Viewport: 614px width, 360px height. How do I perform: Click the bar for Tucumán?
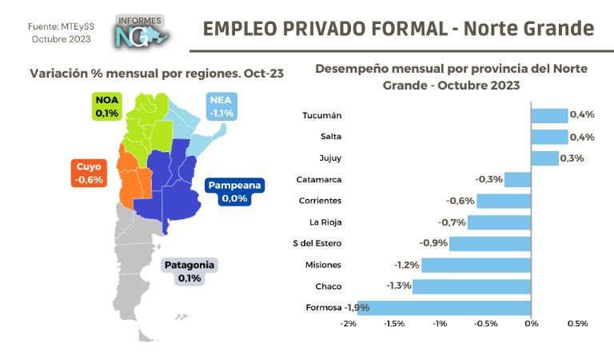pos(549,115)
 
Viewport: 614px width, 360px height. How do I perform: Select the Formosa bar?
pos(444,307)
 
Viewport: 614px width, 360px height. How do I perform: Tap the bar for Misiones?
pos(476,265)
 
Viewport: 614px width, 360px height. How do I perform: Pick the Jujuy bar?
pos(544,158)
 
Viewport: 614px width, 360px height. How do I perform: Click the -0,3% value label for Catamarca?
pos(488,179)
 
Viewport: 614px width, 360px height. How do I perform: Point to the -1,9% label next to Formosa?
pos(357,307)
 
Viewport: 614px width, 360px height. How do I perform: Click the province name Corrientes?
pos(320,201)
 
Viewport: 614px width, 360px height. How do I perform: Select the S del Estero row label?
pos(318,243)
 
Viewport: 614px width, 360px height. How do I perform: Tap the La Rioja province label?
pos(325,222)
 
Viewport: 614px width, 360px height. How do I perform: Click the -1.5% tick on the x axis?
pos(393,324)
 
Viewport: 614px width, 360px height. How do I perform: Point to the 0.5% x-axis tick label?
pos(577,324)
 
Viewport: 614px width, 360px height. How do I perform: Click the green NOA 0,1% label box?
pos(106,106)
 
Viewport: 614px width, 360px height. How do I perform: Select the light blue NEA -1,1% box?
pos(221,106)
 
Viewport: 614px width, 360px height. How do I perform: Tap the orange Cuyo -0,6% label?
pos(89,174)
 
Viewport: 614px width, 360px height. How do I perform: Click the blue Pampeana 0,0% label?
pos(235,191)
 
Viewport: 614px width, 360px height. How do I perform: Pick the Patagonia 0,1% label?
pos(189,271)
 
